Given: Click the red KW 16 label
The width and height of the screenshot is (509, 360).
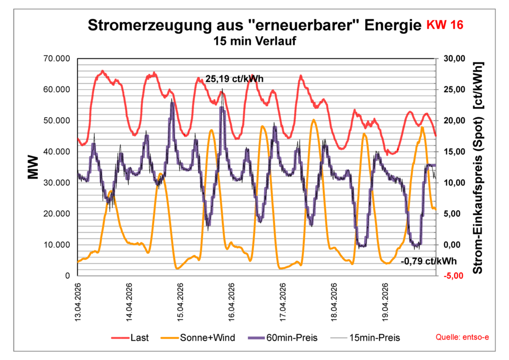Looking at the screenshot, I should (x=445, y=25).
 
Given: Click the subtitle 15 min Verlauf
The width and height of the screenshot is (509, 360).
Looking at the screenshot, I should (x=254, y=42).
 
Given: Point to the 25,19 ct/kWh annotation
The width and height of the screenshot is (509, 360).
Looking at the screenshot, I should (x=234, y=79).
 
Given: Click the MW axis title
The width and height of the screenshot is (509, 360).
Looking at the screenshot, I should (x=33, y=168).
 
